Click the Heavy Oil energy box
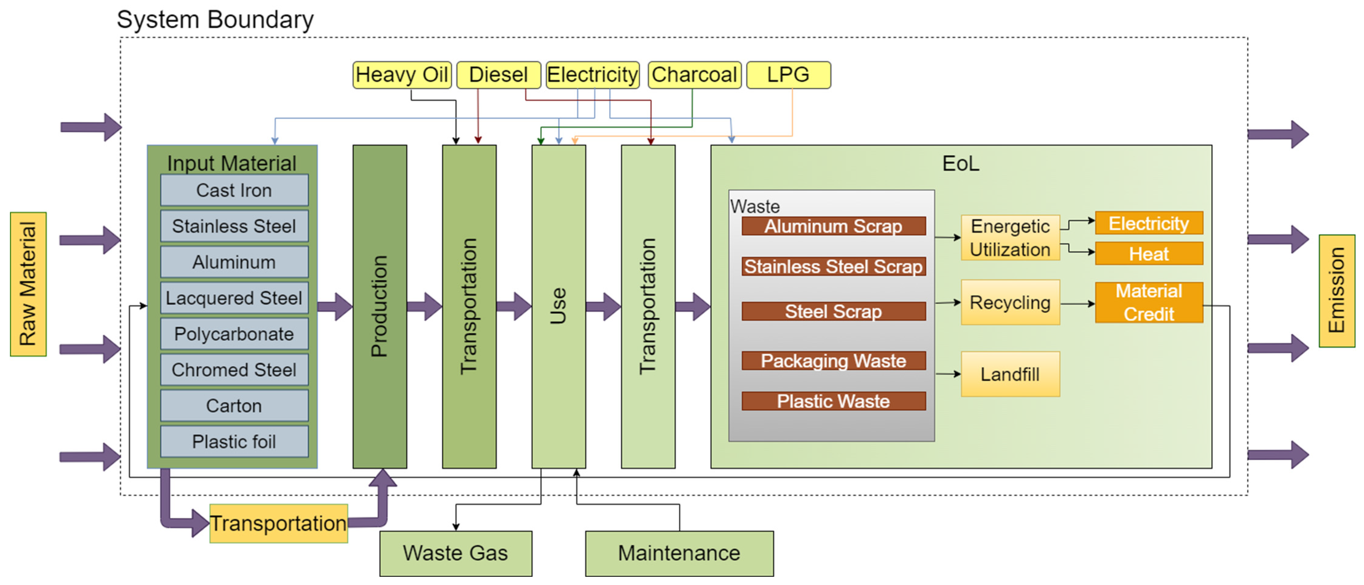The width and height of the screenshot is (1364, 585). click(x=401, y=75)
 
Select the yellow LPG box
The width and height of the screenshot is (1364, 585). click(x=788, y=75)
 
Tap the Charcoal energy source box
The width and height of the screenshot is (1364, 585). click(x=694, y=75)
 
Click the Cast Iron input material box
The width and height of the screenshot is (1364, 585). click(x=234, y=190)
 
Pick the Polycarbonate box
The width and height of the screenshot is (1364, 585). click(x=234, y=334)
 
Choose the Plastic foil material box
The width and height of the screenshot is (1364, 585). click(x=234, y=441)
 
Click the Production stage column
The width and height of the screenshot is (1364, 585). click(x=380, y=306)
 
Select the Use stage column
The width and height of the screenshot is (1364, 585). click(x=559, y=306)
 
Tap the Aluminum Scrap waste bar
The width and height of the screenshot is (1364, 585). click(x=833, y=226)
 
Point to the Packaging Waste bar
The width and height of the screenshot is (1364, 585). click(x=833, y=361)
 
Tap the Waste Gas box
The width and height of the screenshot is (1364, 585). click(x=455, y=553)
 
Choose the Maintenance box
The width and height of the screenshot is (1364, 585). click(x=679, y=553)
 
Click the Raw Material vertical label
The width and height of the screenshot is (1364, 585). click(x=28, y=284)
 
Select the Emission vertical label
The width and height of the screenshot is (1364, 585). click(x=1336, y=291)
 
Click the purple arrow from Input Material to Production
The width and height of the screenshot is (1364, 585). click(x=335, y=306)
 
